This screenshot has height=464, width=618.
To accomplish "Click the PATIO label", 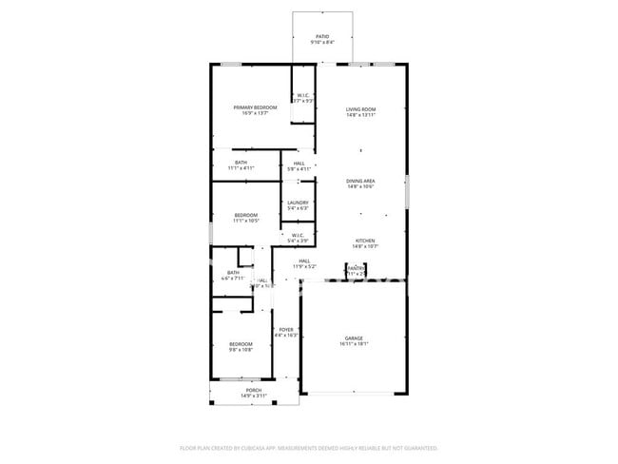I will tap(322, 36).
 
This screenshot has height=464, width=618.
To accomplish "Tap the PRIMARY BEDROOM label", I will tap(256, 107).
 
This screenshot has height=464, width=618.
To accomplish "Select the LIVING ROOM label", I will tap(360, 109).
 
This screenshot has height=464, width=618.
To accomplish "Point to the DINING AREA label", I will tap(360, 181).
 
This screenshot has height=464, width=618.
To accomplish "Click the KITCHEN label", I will tap(366, 241).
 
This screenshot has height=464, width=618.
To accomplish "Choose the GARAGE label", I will tap(354, 338).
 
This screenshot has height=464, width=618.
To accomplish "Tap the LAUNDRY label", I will tap(298, 202).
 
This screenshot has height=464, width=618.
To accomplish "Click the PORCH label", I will tap(254, 390).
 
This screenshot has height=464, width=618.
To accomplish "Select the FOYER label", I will tap(286, 329).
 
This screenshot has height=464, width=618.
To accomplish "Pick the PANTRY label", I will tap(356, 268).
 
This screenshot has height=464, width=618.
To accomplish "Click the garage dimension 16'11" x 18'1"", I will tap(354, 344).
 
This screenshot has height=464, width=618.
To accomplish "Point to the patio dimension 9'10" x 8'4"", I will tap(322, 42).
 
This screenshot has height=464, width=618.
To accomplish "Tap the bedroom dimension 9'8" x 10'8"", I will tap(241, 350).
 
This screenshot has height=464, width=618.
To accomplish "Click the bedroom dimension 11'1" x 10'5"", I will tap(247, 221).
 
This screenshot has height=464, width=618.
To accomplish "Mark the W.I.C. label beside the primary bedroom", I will tap(302, 95).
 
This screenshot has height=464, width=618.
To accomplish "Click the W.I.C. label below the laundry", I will tap(298, 236).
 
